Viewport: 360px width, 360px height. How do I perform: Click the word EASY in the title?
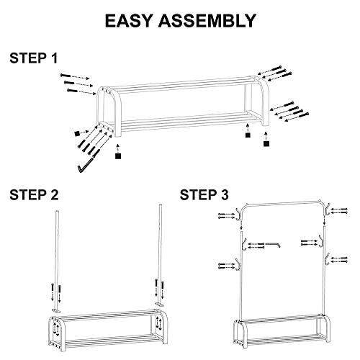click(x=128, y=21)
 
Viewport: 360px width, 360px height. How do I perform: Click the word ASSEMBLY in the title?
click(x=207, y=21)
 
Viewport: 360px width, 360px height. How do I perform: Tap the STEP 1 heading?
click(x=34, y=58)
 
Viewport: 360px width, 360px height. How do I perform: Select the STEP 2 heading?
click(x=34, y=194)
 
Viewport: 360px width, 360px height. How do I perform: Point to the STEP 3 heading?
click(x=204, y=194)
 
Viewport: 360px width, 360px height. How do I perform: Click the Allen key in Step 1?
click(x=86, y=164)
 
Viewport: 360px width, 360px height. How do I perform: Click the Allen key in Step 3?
click(x=272, y=244)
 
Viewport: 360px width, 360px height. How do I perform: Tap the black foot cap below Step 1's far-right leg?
click(x=266, y=143)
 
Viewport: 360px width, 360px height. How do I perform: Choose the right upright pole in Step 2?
click(x=160, y=253)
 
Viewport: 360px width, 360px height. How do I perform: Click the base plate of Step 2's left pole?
click(x=56, y=311)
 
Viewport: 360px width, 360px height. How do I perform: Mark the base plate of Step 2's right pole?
click(x=159, y=305)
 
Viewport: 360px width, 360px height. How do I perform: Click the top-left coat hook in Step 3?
click(x=238, y=213)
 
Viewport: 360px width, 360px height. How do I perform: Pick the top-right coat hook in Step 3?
click(x=327, y=210)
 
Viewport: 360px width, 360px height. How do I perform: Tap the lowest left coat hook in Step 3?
click(x=238, y=264)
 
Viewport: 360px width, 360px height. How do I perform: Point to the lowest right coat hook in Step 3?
click(x=327, y=258)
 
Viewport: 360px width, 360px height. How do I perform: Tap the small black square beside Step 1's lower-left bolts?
click(x=77, y=133)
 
